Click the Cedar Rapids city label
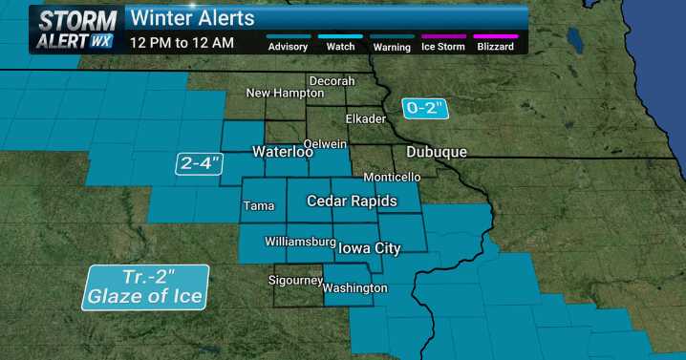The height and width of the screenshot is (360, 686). pos(348,201)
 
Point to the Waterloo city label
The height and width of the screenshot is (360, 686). pos(283,152)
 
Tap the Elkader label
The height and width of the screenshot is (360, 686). pos(365,119)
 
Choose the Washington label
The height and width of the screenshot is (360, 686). pos(354,287)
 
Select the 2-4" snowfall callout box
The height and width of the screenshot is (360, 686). pos(201,163)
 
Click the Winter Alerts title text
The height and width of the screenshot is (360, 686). pos(192,17)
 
